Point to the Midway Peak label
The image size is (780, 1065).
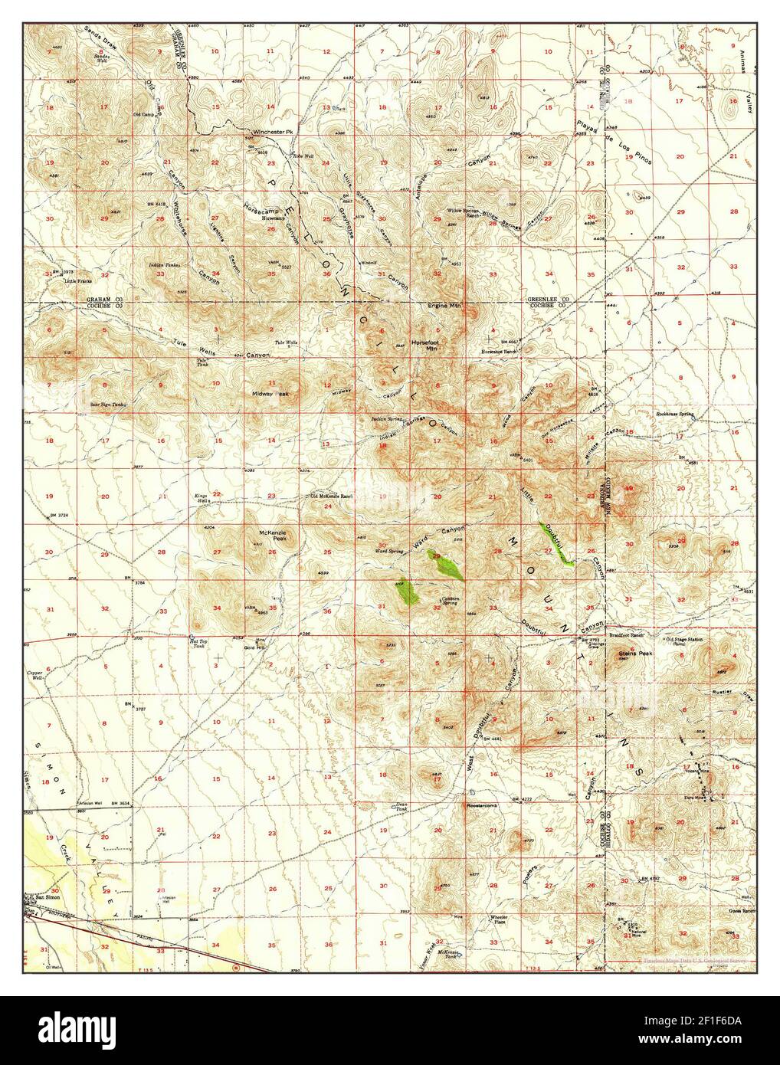tap(270, 394)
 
